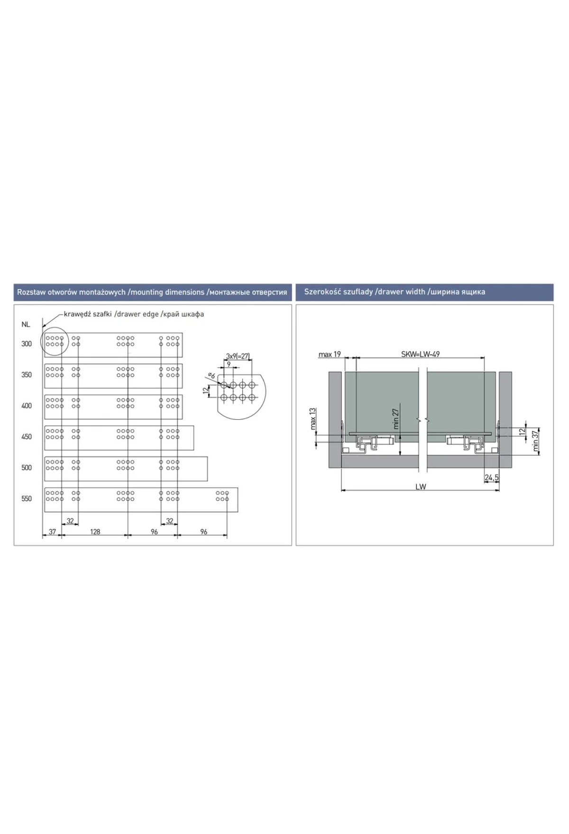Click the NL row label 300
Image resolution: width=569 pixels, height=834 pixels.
27,344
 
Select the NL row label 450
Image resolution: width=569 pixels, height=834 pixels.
27,437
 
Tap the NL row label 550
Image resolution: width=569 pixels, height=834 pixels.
27,499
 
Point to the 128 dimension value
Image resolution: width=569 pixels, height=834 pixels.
95,532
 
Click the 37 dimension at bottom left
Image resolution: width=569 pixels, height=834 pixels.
52,532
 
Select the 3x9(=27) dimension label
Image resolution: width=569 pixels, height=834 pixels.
238,356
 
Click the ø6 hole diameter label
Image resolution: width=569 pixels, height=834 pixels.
211,376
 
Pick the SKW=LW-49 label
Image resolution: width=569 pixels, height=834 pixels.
420,354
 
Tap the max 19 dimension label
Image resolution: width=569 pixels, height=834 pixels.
330,354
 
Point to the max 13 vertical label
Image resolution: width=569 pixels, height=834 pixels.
312,418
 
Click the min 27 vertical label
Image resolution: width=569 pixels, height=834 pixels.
396,418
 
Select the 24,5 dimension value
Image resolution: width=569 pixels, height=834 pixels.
492,478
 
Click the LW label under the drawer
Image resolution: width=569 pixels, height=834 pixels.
421,487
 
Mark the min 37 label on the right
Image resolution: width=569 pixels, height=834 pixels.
535,441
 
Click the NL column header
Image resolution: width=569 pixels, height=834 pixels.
26,325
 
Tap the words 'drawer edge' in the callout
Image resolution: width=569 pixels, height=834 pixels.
138,314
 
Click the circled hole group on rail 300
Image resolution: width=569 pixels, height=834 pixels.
55,341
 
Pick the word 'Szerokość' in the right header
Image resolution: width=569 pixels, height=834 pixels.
321,292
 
